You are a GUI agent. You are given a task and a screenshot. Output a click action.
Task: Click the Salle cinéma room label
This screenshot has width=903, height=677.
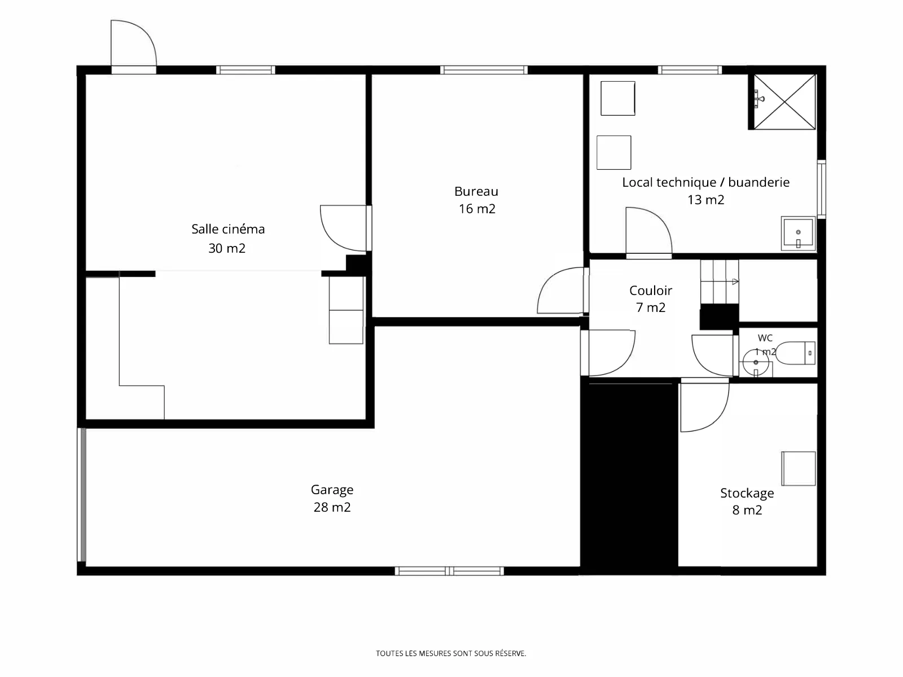228,229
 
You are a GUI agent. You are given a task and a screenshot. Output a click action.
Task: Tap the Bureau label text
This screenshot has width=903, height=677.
476,191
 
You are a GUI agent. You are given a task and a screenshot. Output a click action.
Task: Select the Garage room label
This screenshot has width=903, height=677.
332,490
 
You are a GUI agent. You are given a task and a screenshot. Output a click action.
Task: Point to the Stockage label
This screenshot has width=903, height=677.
747,493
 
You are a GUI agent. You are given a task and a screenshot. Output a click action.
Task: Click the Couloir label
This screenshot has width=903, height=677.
650,291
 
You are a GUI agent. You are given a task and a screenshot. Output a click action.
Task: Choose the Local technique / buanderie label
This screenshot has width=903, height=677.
705,182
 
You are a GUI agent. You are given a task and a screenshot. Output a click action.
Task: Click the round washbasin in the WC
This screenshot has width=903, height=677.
756,363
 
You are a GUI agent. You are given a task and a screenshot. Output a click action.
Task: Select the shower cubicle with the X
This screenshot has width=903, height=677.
784,102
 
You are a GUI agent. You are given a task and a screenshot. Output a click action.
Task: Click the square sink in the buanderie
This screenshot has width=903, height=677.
798,234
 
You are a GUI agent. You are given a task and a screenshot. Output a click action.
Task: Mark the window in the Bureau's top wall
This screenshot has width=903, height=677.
484,70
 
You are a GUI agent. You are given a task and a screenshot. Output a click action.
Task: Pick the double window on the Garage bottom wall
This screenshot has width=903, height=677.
449,571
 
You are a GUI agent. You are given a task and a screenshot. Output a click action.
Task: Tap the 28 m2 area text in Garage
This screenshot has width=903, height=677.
332,507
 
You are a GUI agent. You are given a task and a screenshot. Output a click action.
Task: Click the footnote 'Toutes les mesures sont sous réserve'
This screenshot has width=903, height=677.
451,653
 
